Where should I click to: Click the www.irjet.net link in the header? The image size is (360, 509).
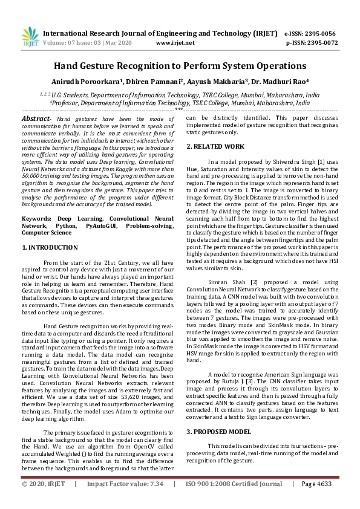tap(175, 43)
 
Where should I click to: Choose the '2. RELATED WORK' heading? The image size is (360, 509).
tap(215, 147)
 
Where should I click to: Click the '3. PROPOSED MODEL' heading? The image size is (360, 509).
tap(218, 432)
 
